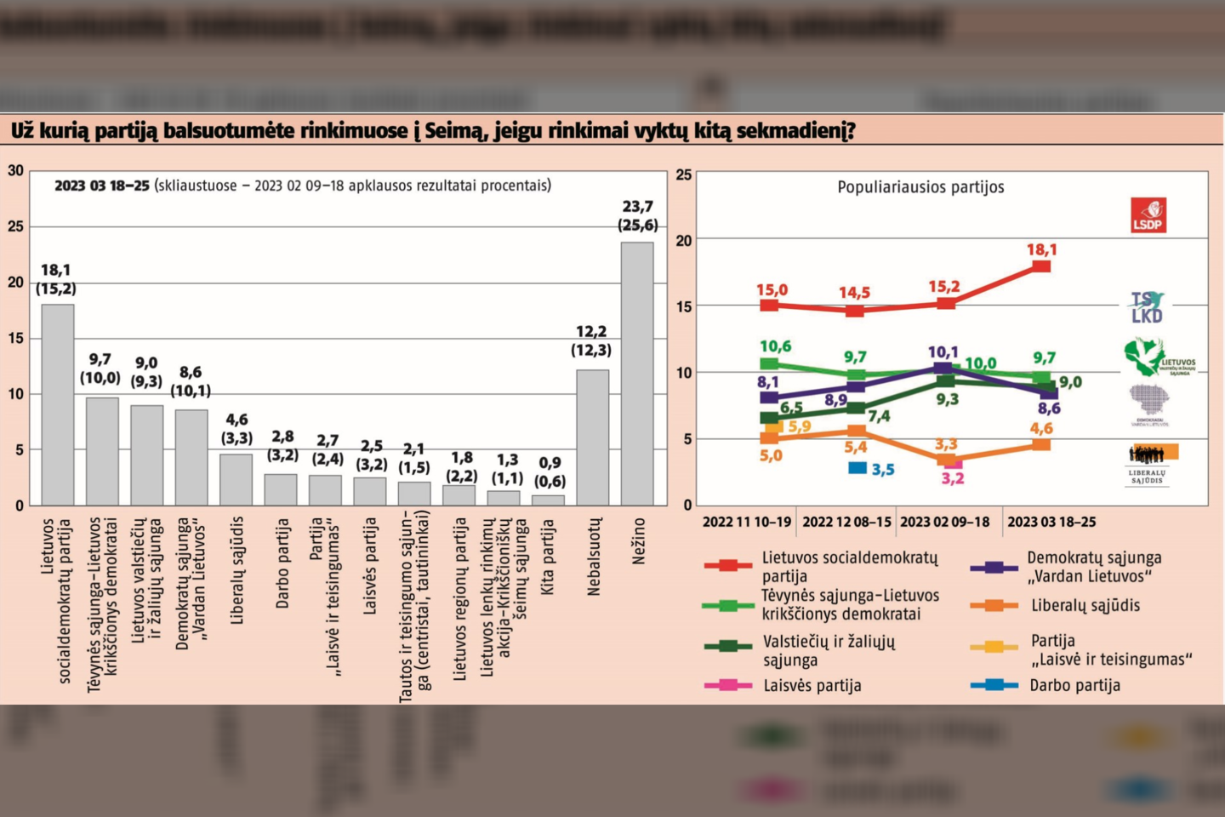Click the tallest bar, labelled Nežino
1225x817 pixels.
tap(637, 374)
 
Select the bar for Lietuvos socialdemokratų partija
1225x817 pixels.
tap(58, 404)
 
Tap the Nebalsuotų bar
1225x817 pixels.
tap(593, 437)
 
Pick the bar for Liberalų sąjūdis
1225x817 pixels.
tap(236, 479)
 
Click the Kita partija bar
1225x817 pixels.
tap(549, 500)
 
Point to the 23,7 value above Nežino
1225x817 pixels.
tap(638, 207)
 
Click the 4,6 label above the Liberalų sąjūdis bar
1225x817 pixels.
tap(236, 420)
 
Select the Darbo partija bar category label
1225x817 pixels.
tap(282, 563)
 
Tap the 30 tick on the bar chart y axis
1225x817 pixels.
tap(16, 171)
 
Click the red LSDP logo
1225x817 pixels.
tap(1148, 215)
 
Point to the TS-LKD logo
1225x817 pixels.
tap(1147, 307)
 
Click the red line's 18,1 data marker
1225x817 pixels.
tap(1041, 266)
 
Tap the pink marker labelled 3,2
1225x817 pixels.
tap(953, 463)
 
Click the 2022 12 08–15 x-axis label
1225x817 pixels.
tap(846, 522)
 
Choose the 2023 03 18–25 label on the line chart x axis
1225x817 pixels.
tap(1051, 522)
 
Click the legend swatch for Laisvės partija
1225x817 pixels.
tap(727, 685)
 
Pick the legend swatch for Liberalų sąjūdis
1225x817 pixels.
tap(994, 606)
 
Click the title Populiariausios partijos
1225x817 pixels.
tap(920, 187)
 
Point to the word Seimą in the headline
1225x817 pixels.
tap(452, 131)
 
